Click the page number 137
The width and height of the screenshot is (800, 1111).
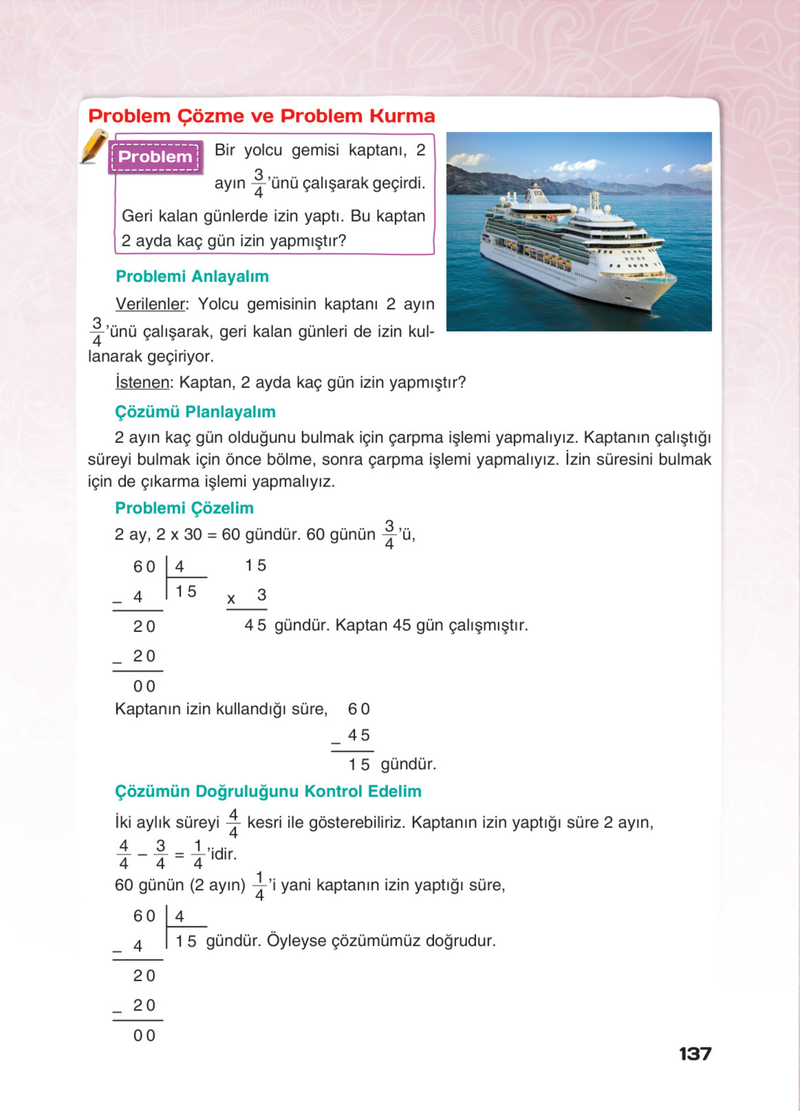pyautogui.click(x=695, y=1054)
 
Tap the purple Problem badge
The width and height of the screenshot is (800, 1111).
pyautogui.click(x=155, y=157)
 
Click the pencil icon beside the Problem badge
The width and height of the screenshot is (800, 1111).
pyautogui.click(x=94, y=146)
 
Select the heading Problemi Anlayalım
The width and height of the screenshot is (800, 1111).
pyautogui.click(x=192, y=276)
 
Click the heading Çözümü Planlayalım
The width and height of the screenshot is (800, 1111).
pyautogui.click(x=195, y=412)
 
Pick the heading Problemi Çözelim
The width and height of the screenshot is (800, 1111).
pyautogui.click(x=184, y=508)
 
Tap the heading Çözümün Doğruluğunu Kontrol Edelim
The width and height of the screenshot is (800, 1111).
pyautogui.click(x=268, y=791)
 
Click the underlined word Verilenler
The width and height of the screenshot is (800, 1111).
pyautogui.click(x=150, y=304)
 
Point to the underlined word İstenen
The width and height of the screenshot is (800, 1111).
pyautogui.click(x=142, y=382)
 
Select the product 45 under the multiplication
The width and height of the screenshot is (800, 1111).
pyautogui.click(x=255, y=625)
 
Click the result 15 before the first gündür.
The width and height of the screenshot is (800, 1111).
pyautogui.click(x=359, y=764)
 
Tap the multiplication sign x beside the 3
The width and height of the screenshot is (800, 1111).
pyautogui.click(x=231, y=599)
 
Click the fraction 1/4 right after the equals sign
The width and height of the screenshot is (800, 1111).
pyautogui.click(x=198, y=854)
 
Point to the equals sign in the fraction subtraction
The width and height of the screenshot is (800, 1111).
pyautogui.click(x=179, y=855)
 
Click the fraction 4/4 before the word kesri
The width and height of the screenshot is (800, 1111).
pyautogui.click(x=233, y=824)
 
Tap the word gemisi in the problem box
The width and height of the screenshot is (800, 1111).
pyautogui.click(x=315, y=150)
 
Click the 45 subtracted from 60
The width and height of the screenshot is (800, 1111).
pyautogui.click(x=359, y=735)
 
